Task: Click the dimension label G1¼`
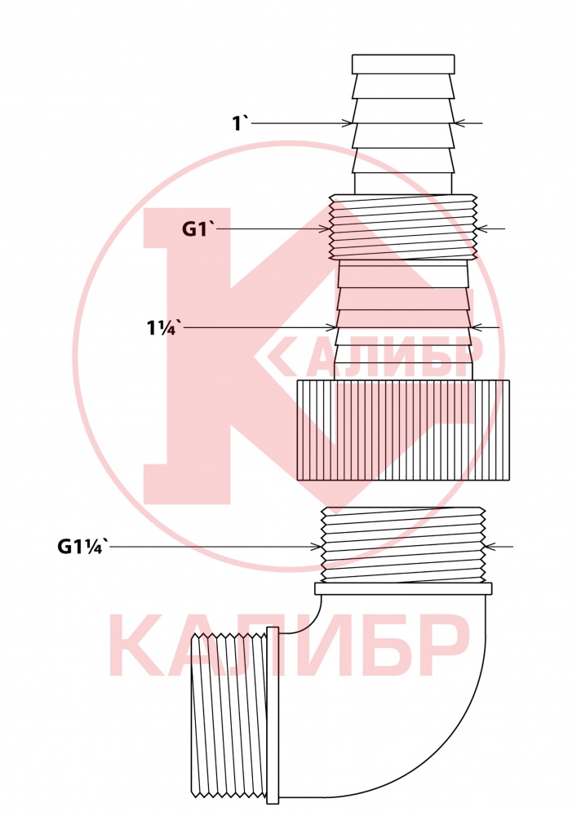tap(83, 547)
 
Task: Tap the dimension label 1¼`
tap(164, 328)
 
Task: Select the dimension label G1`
tap(198, 228)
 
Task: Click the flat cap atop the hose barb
tap(403, 64)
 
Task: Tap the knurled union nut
tap(402, 430)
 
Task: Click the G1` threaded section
tap(403, 228)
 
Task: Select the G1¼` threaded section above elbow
tap(404, 545)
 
